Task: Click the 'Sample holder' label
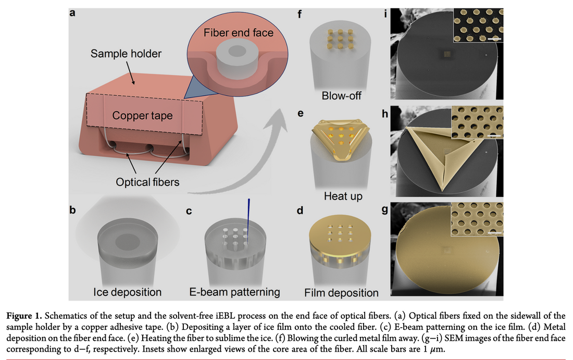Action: [x=126, y=53]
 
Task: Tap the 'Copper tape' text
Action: [x=142, y=115]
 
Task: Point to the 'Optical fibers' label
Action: [x=147, y=182]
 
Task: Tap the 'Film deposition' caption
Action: [x=341, y=292]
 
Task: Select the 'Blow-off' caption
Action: [x=341, y=97]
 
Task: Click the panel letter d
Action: [x=299, y=210]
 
